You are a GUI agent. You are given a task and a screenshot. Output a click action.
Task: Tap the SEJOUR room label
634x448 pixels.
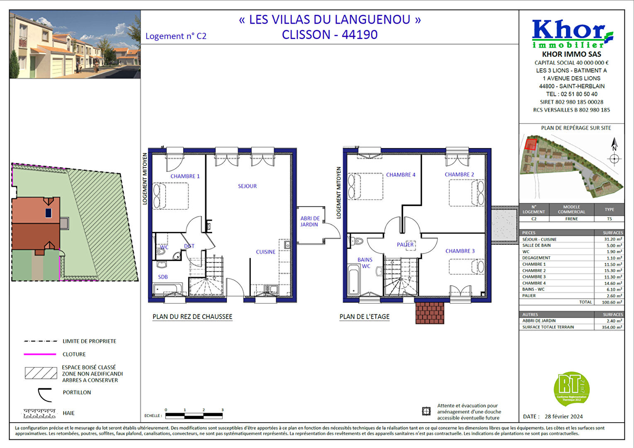(247, 186)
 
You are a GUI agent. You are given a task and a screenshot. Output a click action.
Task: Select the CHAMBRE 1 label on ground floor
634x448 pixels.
(185, 176)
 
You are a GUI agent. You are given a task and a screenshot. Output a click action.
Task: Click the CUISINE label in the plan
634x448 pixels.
(265, 252)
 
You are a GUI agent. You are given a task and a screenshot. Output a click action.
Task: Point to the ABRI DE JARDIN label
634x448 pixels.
(310, 222)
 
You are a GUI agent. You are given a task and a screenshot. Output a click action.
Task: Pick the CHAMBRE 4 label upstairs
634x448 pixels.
(401, 175)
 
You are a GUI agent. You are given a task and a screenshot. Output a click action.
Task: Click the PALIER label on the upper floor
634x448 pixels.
(405, 245)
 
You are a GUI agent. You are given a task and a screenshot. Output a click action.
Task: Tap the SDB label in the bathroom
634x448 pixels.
(163, 277)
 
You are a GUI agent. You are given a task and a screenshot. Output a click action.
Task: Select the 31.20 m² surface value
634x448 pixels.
(613, 239)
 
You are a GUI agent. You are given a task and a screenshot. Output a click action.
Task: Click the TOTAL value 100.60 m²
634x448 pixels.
(612, 302)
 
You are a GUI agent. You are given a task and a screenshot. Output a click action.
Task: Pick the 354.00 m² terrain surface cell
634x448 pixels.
(613, 327)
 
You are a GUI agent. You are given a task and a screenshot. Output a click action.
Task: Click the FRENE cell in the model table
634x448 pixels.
(571, 219)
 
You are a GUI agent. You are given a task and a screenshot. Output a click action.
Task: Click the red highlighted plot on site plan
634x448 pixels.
(530, 144)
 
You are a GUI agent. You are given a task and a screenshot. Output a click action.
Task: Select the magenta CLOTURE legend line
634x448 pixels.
(40, 354)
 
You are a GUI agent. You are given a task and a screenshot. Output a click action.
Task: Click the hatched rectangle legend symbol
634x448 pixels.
(41, 373)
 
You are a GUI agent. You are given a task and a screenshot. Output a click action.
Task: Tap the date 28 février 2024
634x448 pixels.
(564, 416)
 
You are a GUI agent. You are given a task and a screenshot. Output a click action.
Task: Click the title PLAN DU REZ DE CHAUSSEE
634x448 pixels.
(192, 317)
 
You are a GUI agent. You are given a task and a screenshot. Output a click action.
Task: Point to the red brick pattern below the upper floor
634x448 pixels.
(430, 313)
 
